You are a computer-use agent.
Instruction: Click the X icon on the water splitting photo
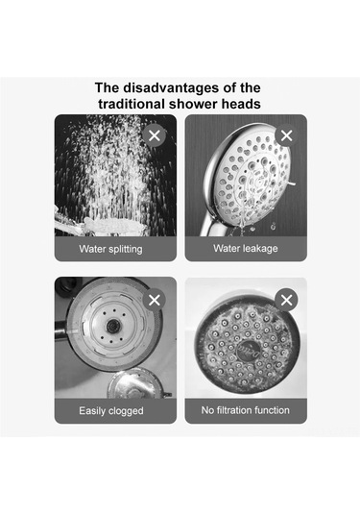pyautogui.click(x=155, y=135)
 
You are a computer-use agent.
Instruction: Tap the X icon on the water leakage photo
pyautogui.click(x=287, y=135)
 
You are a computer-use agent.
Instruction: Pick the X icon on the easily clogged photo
pyautogui.click(x=155, y=300)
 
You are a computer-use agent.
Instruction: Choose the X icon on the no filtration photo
pyautogui.click(x=287, y=300)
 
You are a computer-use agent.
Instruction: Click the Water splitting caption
pyautogui.click(x=110, y=249)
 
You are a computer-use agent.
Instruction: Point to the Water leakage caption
pyautogui.click(x=246, y=248)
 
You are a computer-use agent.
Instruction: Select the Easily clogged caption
pyautogui.click(x=111, y=411)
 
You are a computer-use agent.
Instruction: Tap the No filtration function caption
pyautogui.click(x=246, y=410)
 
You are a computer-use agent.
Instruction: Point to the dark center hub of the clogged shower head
pyautogui.click(x=112, y=325)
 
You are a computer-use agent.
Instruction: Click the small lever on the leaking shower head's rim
pyautogui.click(x=291, y=184)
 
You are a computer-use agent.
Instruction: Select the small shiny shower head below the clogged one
pyautogui.click(x=137, y=384)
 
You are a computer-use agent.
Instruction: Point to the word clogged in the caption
pyautogui.click(x=126, y=411)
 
